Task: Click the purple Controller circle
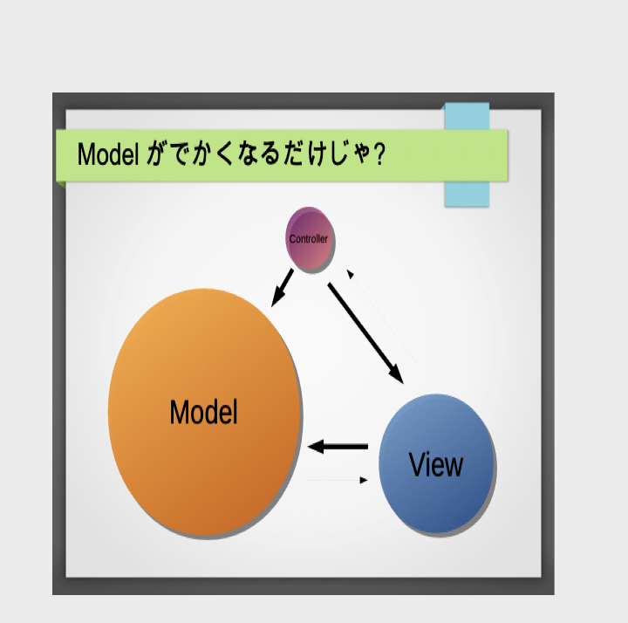coord(309,239)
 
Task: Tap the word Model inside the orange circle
coord(204,412)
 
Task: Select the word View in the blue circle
coord(436,464)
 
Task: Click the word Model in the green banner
coord(108,154)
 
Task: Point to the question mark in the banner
coord(379,154)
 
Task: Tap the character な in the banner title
coord(248,154)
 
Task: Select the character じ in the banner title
coord(338,154)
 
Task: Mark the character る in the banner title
coord(270,154)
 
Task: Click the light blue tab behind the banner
coord(467,195)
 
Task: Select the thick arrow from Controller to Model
coord(283,288)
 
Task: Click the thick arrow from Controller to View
coord(365,333)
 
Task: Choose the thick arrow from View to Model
coord(338,447)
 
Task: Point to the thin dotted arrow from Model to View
coord(338,480)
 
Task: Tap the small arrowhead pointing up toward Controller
coord(350,274)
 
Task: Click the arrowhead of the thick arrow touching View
coord(397,374)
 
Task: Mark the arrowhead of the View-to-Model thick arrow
coord(316,447)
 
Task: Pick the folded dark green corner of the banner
coord(61,185)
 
